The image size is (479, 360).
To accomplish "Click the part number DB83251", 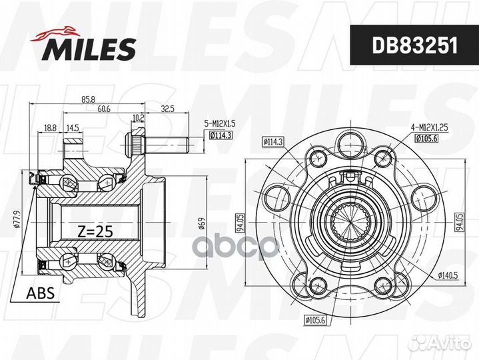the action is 415,45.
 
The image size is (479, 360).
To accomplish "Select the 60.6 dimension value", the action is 103,109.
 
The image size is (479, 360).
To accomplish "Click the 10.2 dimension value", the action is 138,117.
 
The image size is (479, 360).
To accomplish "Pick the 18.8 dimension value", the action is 50,128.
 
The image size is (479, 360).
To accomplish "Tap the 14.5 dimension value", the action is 73,128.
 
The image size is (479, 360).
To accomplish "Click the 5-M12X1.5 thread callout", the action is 220,123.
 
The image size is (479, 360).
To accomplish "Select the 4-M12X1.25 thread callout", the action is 429,127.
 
